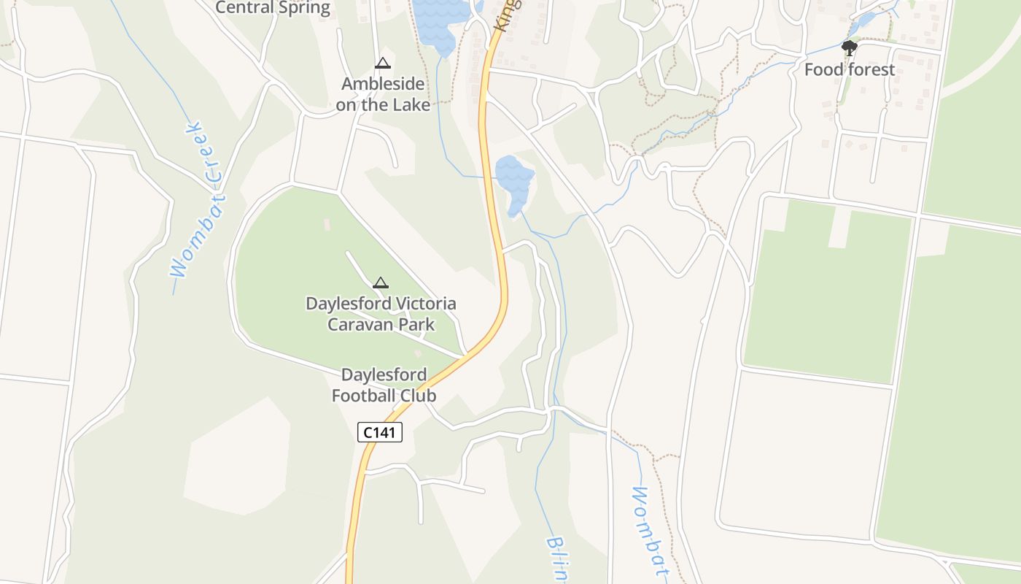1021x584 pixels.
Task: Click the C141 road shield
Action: (x=380, y=432)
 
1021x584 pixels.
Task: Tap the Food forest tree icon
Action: (x=849, y=49)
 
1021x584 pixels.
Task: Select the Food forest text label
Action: (x=849, y=70)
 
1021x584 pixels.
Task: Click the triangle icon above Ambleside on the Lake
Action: (x=383, y=64)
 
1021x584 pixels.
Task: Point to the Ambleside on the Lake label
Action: (x=383, y=94)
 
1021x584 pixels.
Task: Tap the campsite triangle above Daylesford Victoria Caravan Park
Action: (x=381, y=283)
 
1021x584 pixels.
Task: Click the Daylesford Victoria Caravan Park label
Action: (x=381, y=314)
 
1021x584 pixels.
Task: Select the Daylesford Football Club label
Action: (x=384, y=385)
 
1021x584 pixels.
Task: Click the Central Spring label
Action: (x=273, y=8)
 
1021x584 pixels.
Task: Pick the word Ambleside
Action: (x=383, y=84)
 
